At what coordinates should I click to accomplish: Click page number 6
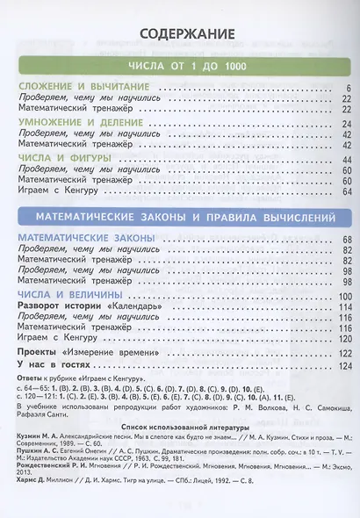[x=349, y=90]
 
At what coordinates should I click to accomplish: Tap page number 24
[x=346, y=124]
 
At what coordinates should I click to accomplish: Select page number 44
[x=346, y=158]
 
